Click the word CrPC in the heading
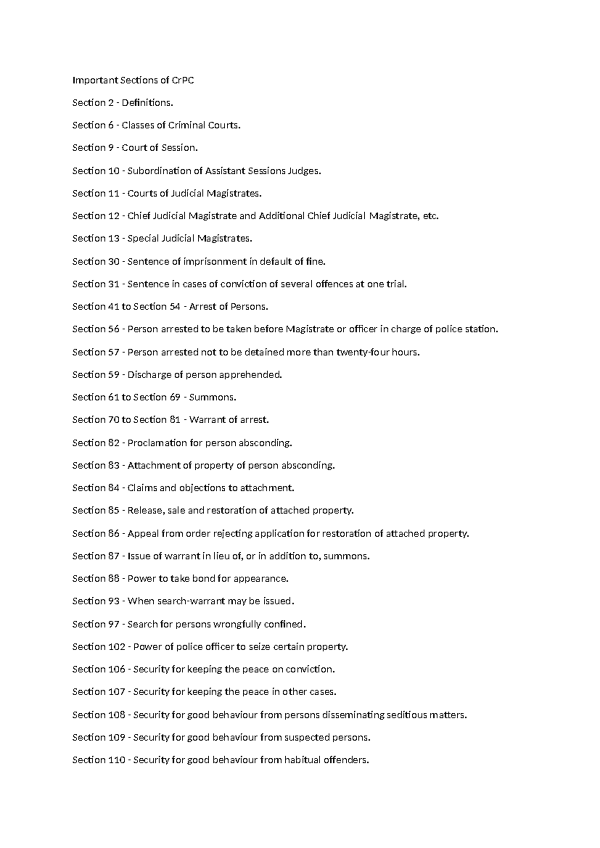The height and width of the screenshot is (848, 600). tap(182, 80)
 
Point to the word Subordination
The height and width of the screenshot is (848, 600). tap(159, 170)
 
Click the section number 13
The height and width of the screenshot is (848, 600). tap(113, 238)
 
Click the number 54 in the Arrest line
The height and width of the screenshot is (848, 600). tap(175, 306)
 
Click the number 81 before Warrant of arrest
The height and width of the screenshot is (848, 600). tap(175, 419)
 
